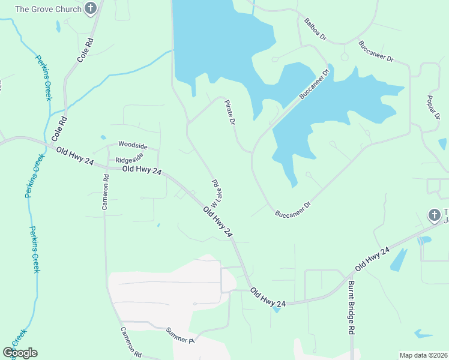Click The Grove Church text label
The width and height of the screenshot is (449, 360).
tap(47, 9)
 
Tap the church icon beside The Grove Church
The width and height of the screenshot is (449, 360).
tap(91, 9)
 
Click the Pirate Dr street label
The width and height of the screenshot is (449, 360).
tap(229, 113)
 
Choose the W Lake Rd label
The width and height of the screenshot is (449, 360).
tap(217, 191)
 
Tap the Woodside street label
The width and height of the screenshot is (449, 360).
tap(132, 144)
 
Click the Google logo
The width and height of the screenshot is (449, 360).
tap(20, 353)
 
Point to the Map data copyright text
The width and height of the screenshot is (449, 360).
tap(423, 355)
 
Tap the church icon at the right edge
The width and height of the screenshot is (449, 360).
tap(434, 214)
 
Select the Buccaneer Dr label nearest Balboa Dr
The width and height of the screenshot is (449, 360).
tap(376, 51)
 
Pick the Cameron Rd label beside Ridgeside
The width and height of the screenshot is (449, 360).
tap(105, 191)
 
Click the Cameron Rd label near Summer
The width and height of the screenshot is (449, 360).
tap(130, 341)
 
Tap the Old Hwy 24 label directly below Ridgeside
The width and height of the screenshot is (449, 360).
tap(142, 170)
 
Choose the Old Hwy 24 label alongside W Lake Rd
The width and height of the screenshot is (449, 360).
tap(217, 222)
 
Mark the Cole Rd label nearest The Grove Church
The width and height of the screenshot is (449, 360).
tap(86, 52)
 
